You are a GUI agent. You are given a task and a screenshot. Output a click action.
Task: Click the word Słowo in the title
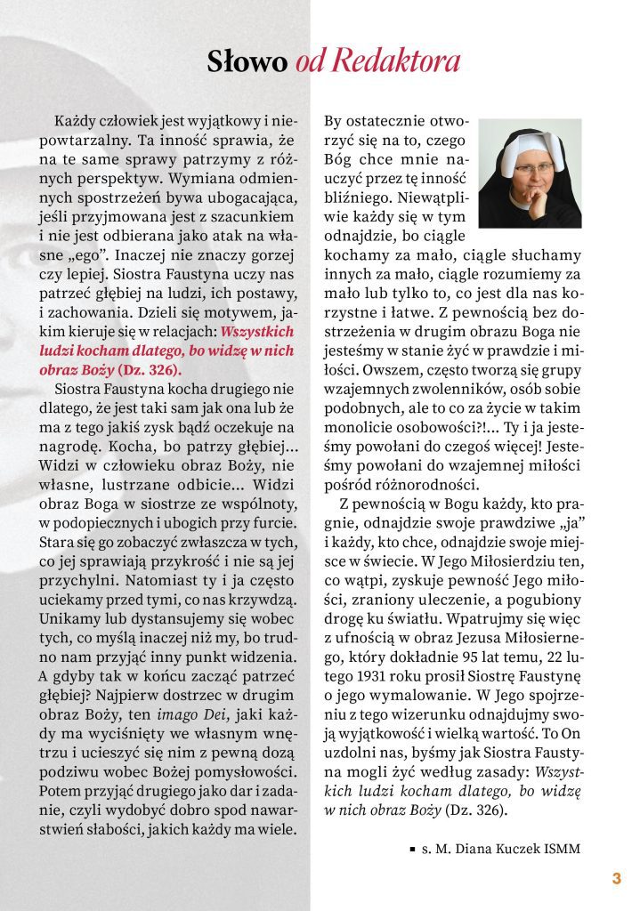coord(247,61)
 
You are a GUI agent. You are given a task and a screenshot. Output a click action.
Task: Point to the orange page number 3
coord(616,879)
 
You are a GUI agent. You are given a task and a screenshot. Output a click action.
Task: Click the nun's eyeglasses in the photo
coord(532,167)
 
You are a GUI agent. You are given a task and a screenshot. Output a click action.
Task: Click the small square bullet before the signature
coord(412,850)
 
